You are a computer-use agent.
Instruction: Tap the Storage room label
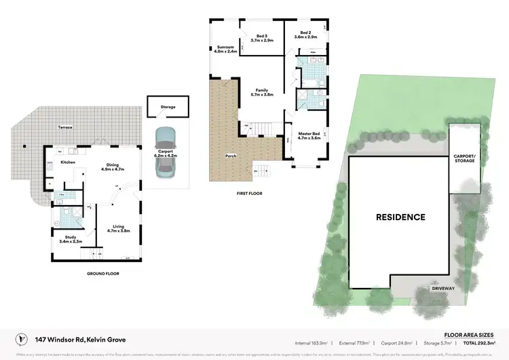(168, 107)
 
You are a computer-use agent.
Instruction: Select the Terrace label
(65, 128)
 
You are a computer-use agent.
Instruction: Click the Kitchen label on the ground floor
(68, 163)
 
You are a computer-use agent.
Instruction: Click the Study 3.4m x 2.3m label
(71, 238)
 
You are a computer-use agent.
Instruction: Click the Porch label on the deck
(231, 156)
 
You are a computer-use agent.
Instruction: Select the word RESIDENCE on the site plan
(401, 217)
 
